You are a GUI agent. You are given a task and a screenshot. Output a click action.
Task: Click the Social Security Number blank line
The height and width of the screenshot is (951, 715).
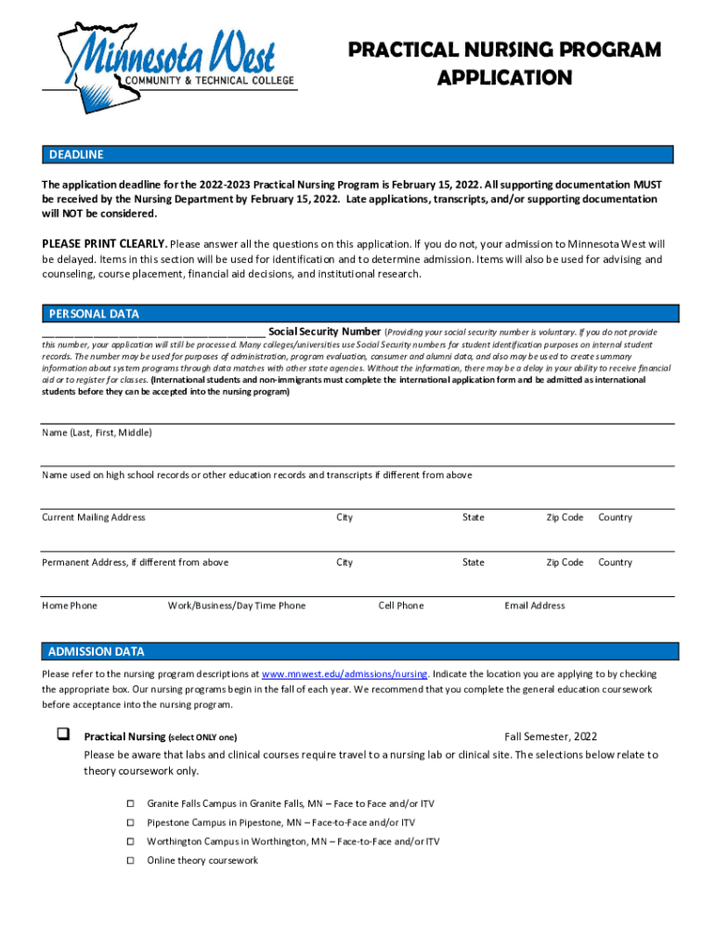click(x=153, y=332)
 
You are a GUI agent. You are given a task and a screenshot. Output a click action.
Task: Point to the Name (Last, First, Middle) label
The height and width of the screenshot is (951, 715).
click(x=97, y=433)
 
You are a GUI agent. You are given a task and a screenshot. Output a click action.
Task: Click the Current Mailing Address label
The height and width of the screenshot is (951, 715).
click(x=94, y=517)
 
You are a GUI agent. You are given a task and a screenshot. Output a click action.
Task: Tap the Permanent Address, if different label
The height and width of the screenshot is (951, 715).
click(x=136, y=562)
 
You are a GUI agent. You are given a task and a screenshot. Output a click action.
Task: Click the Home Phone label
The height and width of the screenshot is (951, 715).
click(x=70, y=606)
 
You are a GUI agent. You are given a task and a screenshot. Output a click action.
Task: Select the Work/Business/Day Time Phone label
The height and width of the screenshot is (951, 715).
click(x=236, y=606)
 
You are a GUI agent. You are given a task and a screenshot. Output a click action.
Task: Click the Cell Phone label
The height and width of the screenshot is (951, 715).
click(x=401, y=606)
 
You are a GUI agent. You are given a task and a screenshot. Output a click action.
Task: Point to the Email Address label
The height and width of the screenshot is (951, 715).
click(x=534, y=606)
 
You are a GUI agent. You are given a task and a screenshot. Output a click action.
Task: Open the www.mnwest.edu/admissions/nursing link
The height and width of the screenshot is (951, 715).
click(x=344, y=674)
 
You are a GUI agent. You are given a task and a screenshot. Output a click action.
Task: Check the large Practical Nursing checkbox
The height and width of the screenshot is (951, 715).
click(x=63, y=735)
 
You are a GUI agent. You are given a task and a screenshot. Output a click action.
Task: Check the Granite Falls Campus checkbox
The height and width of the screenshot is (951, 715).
click(x=131, y=803)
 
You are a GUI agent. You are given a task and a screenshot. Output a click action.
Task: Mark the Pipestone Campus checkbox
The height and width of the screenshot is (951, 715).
click(x=131, y=823)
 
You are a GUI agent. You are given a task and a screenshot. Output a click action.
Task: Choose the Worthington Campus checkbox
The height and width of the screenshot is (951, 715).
click(x=131, y=841)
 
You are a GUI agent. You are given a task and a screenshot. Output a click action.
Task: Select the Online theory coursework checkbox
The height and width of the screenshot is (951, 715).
click(x=131, y=860)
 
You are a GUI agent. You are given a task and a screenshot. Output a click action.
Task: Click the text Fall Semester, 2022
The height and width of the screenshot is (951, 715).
click(x=551, y=736)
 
